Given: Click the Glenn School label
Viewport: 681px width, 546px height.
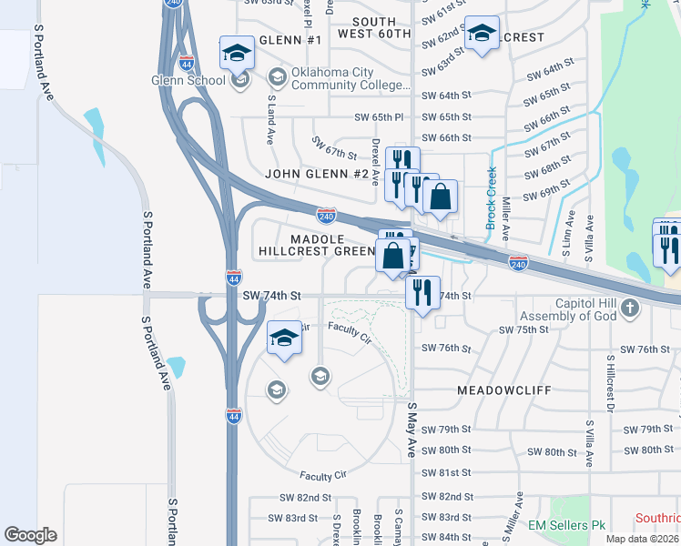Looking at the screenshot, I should click(x=188, y=80).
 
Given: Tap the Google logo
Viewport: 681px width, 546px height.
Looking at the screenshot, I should click(x=30, y=535).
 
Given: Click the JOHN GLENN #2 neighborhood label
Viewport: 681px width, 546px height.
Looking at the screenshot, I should click(x=317, y=174).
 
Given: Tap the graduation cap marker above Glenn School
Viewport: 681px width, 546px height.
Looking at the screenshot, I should click(x=237, y=54).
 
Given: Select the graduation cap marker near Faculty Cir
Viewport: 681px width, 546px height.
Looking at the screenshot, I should click(x=284, y=339).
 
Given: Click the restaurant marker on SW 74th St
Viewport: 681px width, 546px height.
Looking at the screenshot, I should click(x=421, y=293).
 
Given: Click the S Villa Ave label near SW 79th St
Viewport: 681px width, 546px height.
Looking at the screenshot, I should click(x=590, y=444).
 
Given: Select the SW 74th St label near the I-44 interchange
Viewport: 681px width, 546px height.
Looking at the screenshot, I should click(x=271, y=296).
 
